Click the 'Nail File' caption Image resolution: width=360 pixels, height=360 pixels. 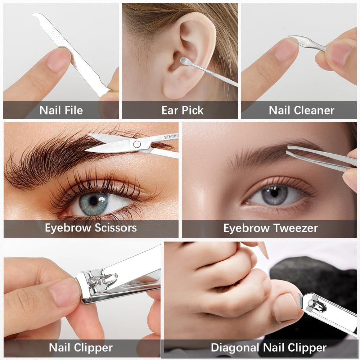pos(61,110)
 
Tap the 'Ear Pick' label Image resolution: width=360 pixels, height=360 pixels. pos(183,110)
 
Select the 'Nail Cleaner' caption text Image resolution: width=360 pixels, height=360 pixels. pos(301,110)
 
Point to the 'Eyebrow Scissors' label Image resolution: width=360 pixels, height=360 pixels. pos(91,228)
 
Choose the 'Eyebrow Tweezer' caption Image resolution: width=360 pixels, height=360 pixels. pos(271,228)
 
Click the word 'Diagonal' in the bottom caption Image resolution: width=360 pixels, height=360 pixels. pos(235,348)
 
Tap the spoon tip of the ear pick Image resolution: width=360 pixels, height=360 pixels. pos(184,61)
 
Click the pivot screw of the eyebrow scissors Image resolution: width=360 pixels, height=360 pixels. pos(137,144)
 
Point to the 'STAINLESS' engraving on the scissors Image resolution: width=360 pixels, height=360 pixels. pos(171,137)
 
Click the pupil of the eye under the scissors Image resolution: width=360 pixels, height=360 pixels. pos(94,201)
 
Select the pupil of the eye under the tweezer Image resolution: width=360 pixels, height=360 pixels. pos(274,193)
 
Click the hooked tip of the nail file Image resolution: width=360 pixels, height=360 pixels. pos(37,15)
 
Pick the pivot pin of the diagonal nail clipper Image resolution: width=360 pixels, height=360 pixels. pos(311,303)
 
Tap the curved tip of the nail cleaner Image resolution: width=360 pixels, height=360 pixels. pos(291,37)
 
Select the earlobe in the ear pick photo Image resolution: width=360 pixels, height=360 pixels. pos(172,90)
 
